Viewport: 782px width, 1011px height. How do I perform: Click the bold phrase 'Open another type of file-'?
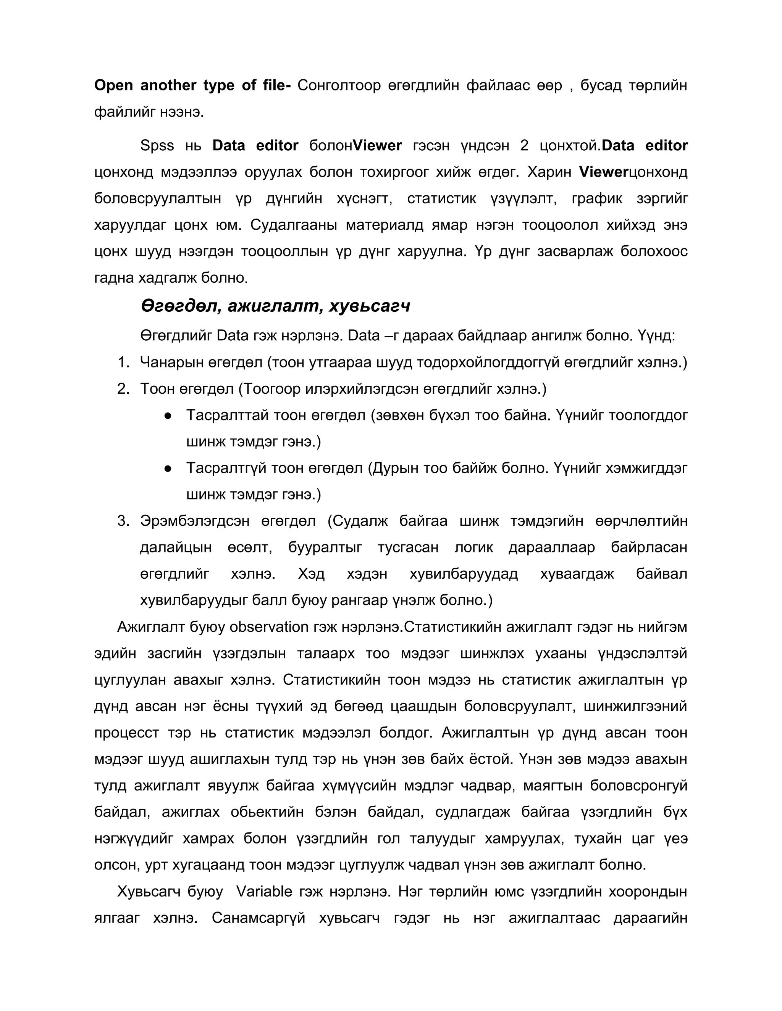(x=192, y=85)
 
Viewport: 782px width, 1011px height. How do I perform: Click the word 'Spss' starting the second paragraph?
(x=157, y=145)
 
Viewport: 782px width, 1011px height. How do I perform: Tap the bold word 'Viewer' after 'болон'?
(x=377, y=145)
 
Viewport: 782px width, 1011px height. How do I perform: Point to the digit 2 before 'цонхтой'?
(x=524, y=145)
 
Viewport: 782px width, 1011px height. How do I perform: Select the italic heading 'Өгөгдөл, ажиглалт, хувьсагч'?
(x=275, y=306)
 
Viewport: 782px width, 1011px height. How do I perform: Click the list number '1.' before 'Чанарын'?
(x=123, y=362)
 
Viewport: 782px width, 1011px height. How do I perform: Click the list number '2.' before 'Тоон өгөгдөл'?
(x=123, y=389)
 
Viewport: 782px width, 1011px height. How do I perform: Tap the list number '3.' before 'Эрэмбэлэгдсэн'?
(x=123, y=521)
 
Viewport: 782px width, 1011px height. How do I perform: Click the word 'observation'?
(x=269, y=627)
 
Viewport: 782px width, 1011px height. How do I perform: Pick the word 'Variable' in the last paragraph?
(x=264, y=892)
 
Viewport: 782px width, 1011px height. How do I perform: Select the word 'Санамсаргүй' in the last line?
(x=259, y=918)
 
